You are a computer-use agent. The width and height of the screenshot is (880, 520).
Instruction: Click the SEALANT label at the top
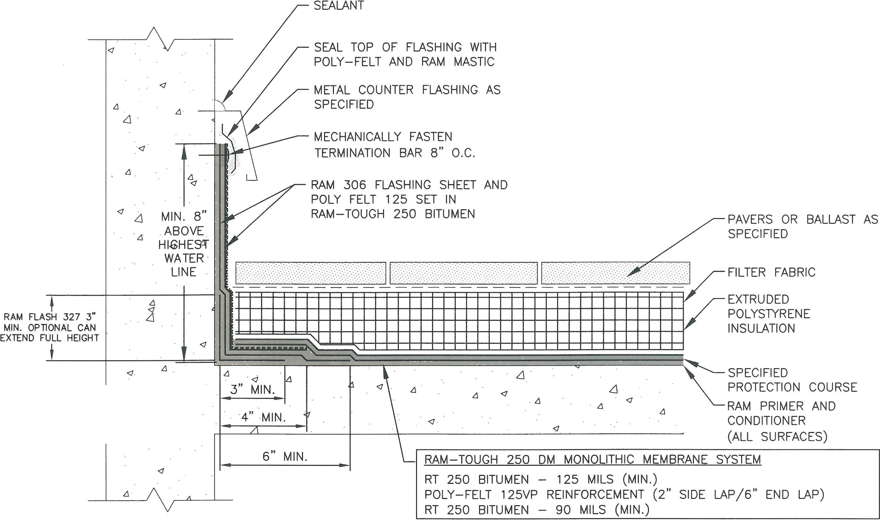[339, 6]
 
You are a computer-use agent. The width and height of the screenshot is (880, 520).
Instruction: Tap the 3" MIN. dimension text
[252, 390]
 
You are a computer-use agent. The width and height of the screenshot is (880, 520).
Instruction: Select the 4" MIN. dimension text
[263, 417]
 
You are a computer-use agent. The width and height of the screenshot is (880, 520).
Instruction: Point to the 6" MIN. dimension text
[285, 456]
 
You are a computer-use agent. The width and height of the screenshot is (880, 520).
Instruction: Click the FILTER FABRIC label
[771, 272]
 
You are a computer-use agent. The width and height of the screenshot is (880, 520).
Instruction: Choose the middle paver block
[463, 273]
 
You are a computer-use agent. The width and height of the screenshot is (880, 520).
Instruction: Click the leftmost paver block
[311, 273]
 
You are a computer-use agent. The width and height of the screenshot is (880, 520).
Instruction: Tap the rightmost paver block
[615, 273]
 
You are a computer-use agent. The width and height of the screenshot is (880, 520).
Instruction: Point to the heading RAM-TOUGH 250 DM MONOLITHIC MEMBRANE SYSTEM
[592, 459]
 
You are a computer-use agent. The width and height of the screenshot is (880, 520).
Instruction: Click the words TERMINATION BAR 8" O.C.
[395, 153]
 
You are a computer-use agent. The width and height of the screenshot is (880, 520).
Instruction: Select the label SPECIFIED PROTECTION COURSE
[792, 380]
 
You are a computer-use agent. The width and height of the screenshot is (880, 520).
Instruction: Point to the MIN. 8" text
[184, 217]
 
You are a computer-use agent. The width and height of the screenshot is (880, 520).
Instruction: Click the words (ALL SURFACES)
[777, 436]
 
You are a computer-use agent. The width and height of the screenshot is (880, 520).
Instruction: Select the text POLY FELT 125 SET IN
[383, 199]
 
